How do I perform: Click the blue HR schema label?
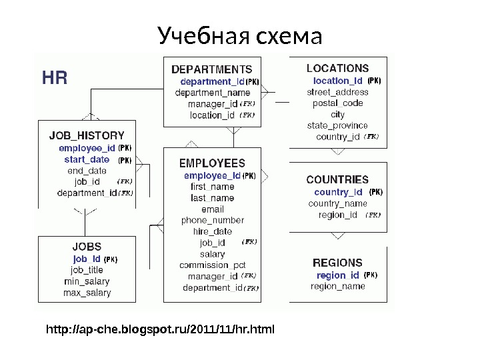(54, 78)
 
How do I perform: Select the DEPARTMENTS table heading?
(212, 69)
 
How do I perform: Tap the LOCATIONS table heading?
(337, 68)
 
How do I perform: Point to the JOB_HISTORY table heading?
(87, 135)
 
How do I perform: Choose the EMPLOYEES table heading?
(213, 163)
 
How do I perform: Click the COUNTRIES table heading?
(337, 179)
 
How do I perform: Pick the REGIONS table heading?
(337, 263)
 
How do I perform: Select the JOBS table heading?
(87, 246)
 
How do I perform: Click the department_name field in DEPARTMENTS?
(213, 93)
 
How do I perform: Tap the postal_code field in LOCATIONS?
(337, 103)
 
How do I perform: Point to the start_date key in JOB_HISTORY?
(87, 159)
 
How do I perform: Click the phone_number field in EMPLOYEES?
(213, 220)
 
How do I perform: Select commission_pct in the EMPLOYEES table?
(213, 265)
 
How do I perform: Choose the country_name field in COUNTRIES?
(337, 203)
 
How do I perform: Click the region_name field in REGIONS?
(338, 286)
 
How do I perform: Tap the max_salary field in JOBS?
(87, 293)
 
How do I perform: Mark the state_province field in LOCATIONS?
(337, 125)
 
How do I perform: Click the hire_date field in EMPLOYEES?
(213, 231)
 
